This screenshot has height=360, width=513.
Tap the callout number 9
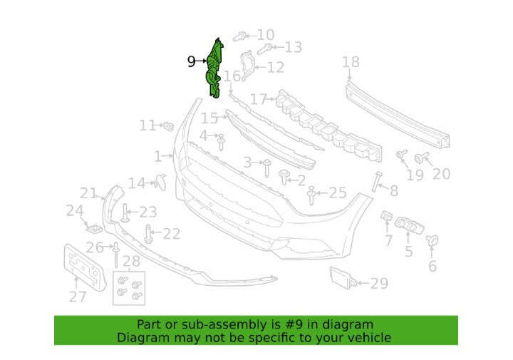point(192,61)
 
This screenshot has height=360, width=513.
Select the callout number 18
point(351,62)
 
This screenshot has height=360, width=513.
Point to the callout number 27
point(78,297)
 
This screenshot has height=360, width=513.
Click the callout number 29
point(380,284)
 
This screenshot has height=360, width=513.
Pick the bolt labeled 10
point(240,36)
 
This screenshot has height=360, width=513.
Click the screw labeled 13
point(264,48)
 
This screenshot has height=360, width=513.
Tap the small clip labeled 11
point(168,125)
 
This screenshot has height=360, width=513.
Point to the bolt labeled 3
point(267,168)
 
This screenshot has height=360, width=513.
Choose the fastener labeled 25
point(311,196)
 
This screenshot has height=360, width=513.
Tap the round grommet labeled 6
point(432,241)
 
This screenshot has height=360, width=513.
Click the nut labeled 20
point(420,158)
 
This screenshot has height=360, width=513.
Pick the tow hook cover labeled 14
point(160,182)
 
